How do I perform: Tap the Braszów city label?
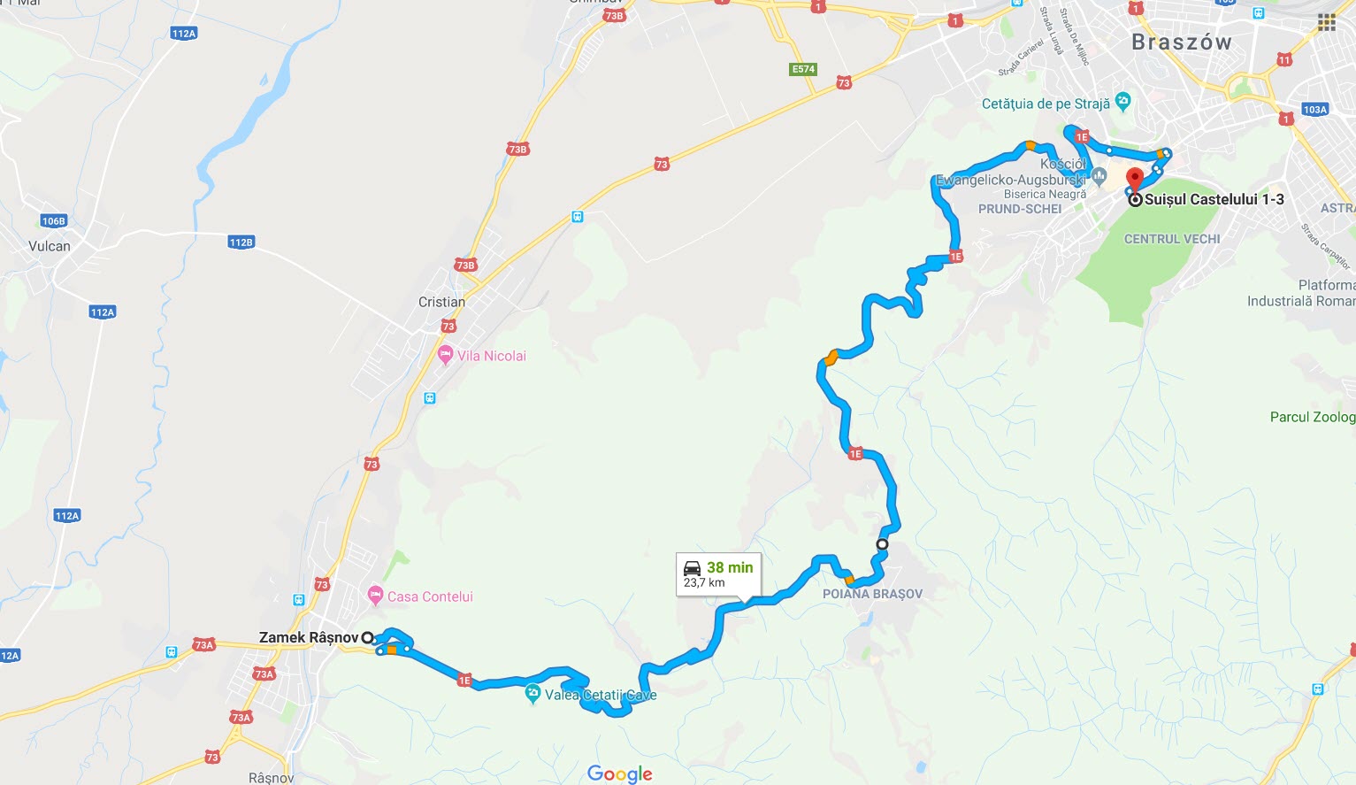tap(1181, 42)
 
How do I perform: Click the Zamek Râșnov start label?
tap(308, 637)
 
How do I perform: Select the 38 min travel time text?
tap(730, 567)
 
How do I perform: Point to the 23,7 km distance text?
tap(704, 582)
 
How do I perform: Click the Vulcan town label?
tap(50, 246)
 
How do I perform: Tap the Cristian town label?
tap(441, 302)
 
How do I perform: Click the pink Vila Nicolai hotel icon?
tap(446, 355)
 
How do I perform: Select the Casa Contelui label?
tap(430, 596)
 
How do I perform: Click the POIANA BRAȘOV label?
tap(872, 594)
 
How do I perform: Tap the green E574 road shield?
tap(803, 69)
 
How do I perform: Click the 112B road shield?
tap(241, 242)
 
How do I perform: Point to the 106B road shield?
tap(53, 220)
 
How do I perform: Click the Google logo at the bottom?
tap(619, 773)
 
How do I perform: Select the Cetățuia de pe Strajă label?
tap(1046, 104)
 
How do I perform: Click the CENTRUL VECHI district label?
tap(1172, 239)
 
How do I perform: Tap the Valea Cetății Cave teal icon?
tap(532, 694)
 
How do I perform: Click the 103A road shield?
tap(1314, 110)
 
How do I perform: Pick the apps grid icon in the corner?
tap(1326, 23)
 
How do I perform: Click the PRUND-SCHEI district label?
tap(1020, 209)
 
